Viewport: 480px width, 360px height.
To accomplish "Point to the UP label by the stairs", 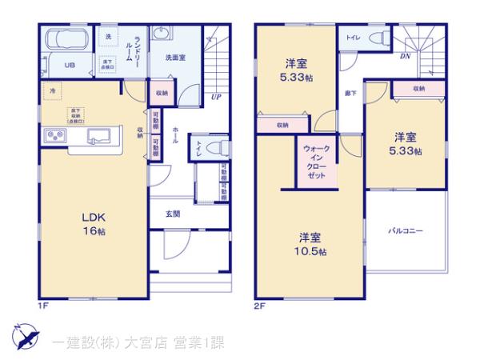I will point(216,98).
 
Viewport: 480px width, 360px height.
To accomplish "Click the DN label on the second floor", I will point(406,57).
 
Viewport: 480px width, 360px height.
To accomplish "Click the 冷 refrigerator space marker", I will point(52,90).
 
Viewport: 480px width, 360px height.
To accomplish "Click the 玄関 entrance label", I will point(172,214).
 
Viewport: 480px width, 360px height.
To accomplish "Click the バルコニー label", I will point(406,230).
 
